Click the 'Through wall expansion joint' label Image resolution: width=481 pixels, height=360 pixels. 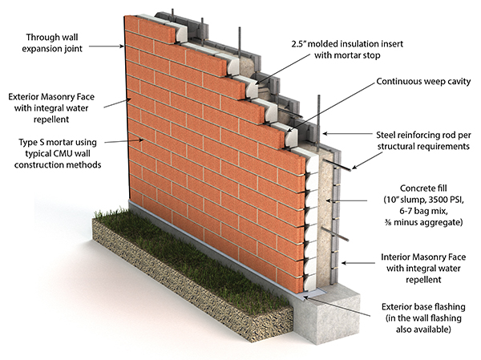52,43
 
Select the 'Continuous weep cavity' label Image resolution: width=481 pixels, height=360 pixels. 423,81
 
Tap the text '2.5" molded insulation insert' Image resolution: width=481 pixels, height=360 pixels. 347,44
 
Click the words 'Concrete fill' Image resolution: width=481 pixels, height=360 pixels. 423,188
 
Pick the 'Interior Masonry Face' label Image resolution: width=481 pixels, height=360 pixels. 423,257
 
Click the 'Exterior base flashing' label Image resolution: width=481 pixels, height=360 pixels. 423,306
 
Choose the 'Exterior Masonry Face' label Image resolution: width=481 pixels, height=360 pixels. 51,97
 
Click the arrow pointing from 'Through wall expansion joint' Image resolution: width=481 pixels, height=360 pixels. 107,47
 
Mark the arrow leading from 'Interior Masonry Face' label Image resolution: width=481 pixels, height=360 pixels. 358,263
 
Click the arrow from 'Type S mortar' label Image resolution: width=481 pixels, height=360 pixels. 124,141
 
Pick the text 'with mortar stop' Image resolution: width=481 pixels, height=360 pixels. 347,55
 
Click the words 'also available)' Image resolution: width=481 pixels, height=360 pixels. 423,330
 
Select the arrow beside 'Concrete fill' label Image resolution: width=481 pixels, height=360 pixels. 346,200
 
